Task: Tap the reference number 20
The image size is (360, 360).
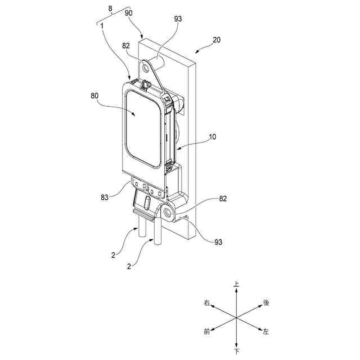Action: pos(217,40)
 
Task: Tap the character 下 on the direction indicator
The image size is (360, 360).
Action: pos(237,352)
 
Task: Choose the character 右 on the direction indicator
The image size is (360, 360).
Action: pos(208,303)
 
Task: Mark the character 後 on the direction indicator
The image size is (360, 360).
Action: pos(266,303)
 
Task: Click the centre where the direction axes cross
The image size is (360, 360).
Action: pos(237,318)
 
